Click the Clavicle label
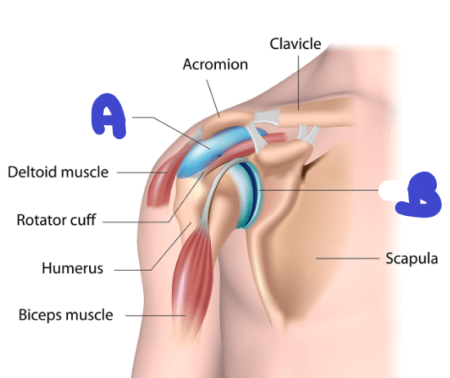pos(295,44)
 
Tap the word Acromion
pos(215,65)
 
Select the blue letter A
pos(108,115)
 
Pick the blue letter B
pos(418,195)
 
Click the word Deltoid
pos(32,172)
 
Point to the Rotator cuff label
pos(56,220)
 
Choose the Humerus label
pos(72,268)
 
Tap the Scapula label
pos(412,259)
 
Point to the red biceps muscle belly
pos(191,276)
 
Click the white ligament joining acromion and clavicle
pos(267,118)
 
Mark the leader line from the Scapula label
pos(348,259)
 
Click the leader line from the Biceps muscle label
pos(155,316)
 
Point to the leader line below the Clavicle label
pos(298,83)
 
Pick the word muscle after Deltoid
pos(84,172)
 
